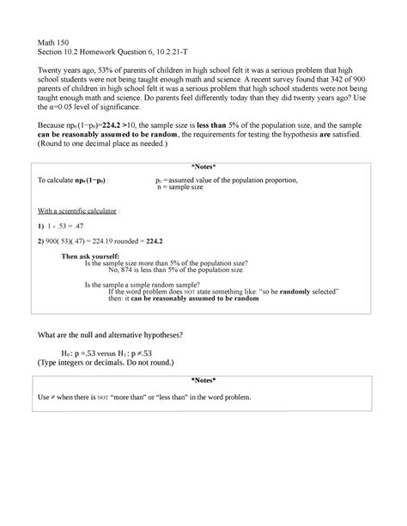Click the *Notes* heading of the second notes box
click(x=203, y=379)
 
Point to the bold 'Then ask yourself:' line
click(x=96, y=257)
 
